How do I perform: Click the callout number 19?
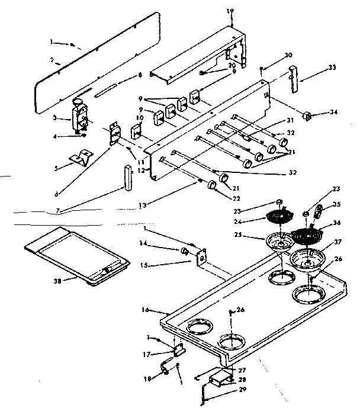tap(229, 11)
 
